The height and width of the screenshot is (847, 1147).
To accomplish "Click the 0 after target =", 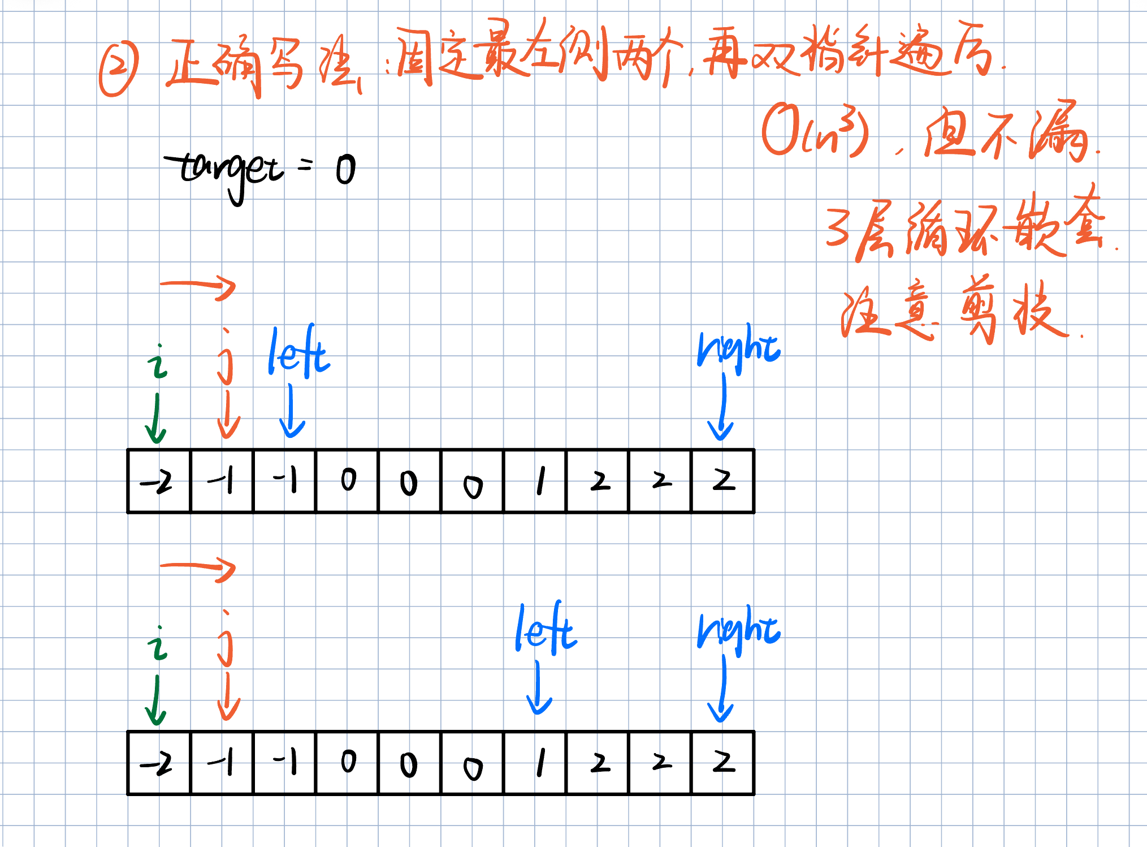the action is (345, 170).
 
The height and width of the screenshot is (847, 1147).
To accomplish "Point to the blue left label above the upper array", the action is (298, 352).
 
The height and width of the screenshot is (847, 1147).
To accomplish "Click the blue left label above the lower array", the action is (546, 629).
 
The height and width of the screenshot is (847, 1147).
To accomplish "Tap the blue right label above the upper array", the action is (739, 347).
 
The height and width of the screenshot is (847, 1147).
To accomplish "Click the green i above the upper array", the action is (158, 362).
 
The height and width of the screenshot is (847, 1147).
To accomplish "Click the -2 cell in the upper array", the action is (159, 481).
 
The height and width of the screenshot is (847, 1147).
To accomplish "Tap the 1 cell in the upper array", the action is (535, 481).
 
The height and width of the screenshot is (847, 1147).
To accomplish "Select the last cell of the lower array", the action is (723, 763).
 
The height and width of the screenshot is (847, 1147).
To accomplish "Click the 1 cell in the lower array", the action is (535, 763).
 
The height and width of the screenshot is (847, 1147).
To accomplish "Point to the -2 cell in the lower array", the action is (159, 763).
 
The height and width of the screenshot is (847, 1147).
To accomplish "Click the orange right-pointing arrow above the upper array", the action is (198, 286).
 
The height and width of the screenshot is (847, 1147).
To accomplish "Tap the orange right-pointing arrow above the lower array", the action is (198, 567).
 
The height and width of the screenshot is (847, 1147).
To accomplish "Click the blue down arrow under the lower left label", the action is (539, 688).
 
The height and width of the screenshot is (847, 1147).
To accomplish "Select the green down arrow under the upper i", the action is (155, 419).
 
